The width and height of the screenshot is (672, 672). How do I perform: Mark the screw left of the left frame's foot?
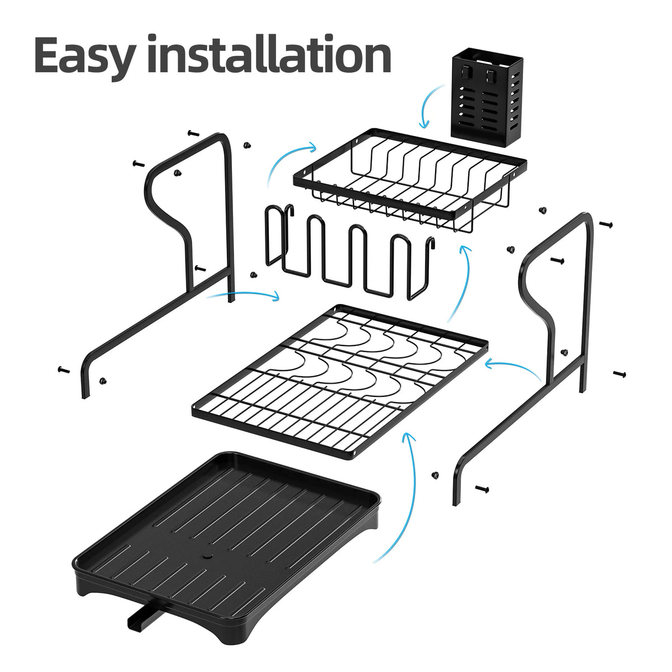point(62,370)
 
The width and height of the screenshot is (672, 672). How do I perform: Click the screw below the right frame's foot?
point(480,488)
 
